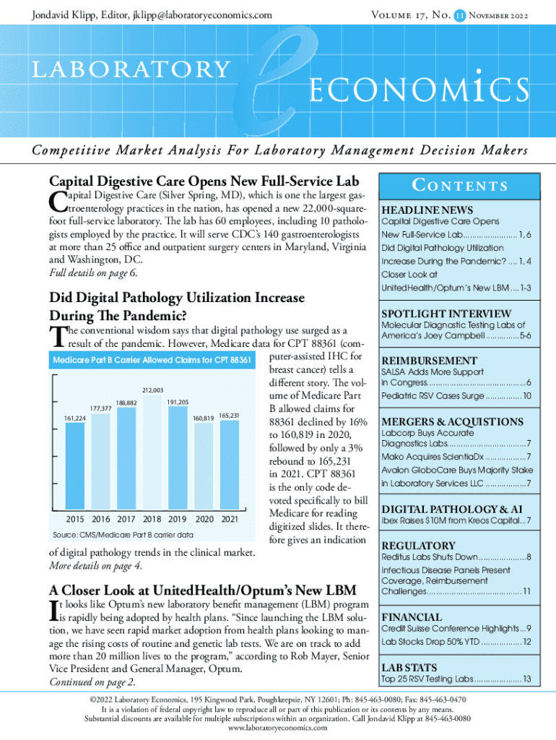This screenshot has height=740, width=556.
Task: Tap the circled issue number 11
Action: click(x=459, y=14)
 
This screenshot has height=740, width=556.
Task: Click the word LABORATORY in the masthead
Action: click(x=130, y=69)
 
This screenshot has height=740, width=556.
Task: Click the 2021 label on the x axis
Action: click(x=230, y=519)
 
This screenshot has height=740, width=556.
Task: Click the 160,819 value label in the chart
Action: click(x=202, y=418)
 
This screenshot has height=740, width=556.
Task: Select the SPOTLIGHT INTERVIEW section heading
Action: click(x=446, y=314)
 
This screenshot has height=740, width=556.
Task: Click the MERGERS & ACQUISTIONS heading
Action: click(x=452, y=421)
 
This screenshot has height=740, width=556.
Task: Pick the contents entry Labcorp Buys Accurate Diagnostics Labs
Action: click(x=455, y=438)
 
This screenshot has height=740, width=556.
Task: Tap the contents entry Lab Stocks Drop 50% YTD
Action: click(x=456, y=641)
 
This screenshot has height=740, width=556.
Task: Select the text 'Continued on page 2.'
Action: click(x=92, y=682)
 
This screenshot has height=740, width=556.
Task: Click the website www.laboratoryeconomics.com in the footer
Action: click(x=277, y=728)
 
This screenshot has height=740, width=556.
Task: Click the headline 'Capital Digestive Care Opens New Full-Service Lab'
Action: click(x=204, y=180)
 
